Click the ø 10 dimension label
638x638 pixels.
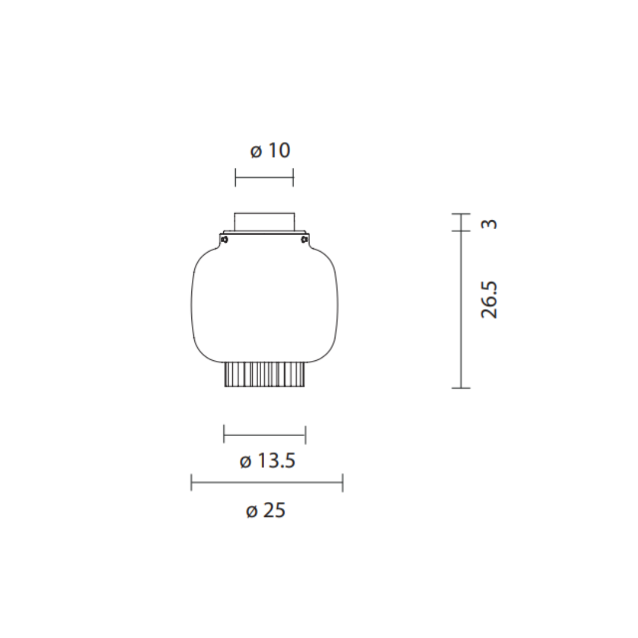(270, 150)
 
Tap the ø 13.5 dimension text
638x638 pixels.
(268, 461)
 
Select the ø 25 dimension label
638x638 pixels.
(266, 510)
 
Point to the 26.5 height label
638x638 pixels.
(489, 300)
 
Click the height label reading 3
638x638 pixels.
(490, 224)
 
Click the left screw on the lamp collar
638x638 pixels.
(224, 239)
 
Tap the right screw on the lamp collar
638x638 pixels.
(304, 239)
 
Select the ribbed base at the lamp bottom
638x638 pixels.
(265, 375)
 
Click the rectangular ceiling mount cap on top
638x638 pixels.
(264, 222)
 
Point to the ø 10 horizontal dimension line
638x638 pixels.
(264, 177)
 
